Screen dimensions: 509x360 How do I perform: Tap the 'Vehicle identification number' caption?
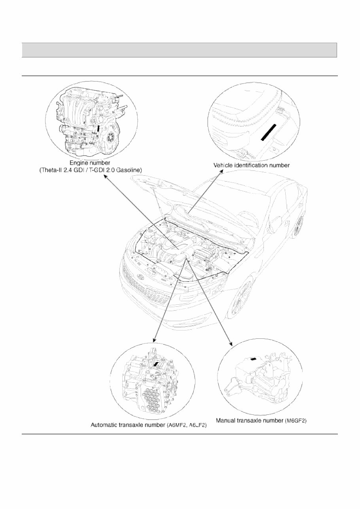252,165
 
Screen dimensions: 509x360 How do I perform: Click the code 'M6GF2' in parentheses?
296,420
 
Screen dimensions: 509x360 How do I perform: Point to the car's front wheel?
242,301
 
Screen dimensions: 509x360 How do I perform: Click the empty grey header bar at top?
179,50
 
